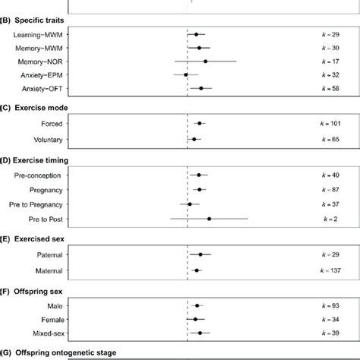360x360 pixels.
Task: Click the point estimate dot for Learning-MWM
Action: [196, 34]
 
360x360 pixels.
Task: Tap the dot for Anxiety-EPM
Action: [185, 75]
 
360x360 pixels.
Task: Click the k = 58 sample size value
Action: [330, 89]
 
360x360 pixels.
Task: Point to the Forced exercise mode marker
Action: [199, 123]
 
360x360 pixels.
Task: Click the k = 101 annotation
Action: [329, 123]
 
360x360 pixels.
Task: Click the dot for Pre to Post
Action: [209, 219]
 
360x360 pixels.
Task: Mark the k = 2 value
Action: [333, 219]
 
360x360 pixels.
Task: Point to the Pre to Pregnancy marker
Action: [191, 204]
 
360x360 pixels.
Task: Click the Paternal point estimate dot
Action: [201, 255]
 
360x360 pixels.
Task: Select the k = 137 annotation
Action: [329, 270]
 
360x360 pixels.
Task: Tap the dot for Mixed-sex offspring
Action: [200, 333]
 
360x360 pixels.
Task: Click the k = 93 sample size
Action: [330, 305]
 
